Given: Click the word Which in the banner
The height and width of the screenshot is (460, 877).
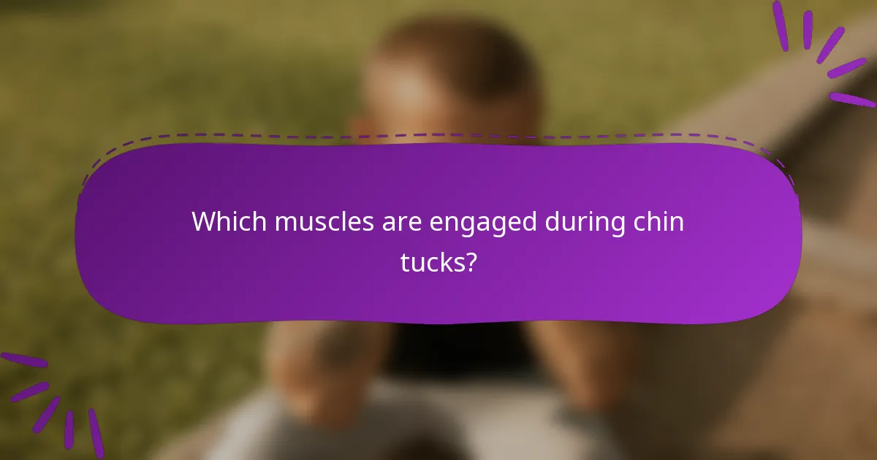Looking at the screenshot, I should (229, 222).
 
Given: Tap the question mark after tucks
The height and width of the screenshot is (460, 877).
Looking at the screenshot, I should (471, 261).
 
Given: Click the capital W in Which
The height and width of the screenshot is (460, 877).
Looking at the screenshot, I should (205, 222).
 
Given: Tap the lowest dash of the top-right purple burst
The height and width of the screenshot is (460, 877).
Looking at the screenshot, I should (852, 99).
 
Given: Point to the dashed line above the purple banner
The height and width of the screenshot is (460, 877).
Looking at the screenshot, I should (438, 136).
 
